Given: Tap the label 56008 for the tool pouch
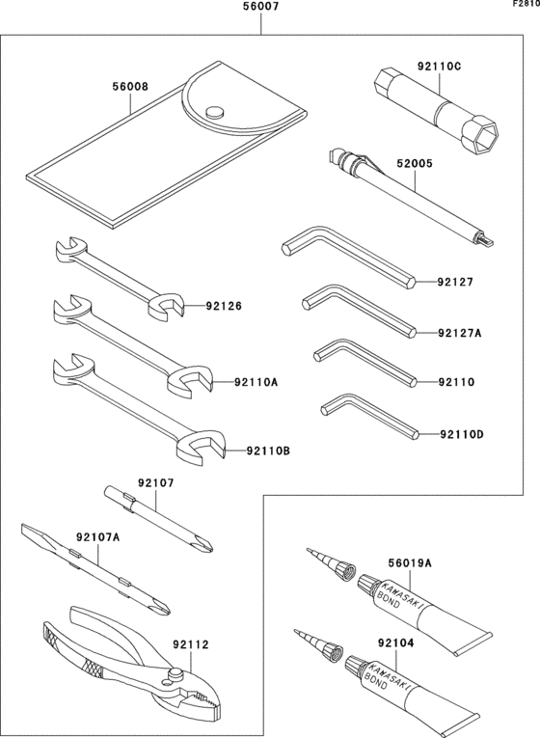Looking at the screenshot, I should [130, 86].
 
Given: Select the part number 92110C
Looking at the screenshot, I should [439, 67].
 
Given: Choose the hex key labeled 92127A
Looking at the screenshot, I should [362, 308].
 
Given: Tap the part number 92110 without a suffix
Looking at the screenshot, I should [455, 382].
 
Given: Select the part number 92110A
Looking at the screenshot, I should [256, 382].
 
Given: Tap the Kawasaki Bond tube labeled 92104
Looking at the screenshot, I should [415, 690].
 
